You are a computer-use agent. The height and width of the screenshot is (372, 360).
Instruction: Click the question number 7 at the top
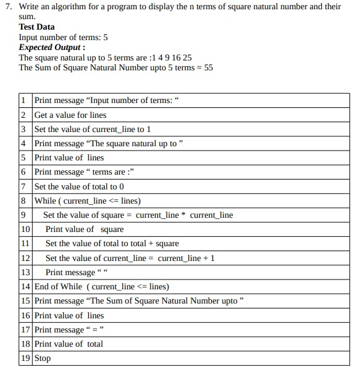pos(7,7)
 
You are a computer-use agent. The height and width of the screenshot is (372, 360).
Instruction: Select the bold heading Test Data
pos(36,27)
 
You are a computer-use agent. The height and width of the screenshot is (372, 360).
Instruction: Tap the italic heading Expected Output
pos(51,48)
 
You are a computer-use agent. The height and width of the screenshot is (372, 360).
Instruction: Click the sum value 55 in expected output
pos(208,68)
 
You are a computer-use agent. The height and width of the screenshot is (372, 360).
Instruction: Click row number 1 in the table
pos(23,101)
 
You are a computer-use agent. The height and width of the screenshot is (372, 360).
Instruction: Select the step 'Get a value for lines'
pos(70,115)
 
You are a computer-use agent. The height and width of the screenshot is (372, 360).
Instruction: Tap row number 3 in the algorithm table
pos(23,130)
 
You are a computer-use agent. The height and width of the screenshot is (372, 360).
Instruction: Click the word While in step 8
pos(45,201)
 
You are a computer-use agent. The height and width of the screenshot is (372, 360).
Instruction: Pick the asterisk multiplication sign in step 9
pos(183,215)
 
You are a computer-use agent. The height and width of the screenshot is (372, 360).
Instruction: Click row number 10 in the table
pos(25,229)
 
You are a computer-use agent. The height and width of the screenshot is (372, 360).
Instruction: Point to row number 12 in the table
pos(25,258)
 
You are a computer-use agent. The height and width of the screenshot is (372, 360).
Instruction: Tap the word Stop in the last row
pos(43,358)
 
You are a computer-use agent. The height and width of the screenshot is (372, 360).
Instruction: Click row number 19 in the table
pos(25,358)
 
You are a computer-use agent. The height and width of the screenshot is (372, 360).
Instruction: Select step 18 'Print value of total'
pos(69,344)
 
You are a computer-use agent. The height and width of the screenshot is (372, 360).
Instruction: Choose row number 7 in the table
pos(23,187)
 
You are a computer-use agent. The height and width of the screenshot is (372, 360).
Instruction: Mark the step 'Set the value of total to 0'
pos(80,187)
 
